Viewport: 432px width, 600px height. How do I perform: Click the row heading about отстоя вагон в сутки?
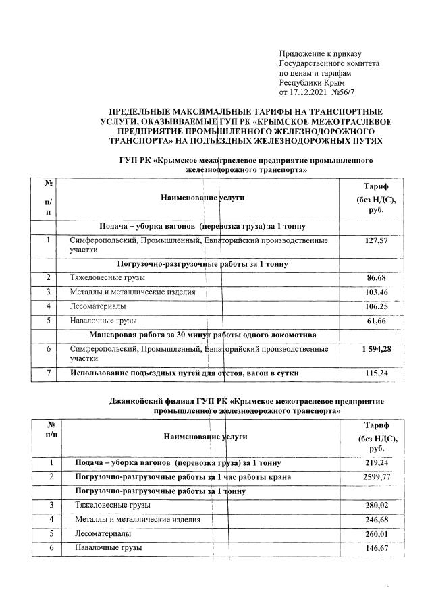point(186,372)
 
